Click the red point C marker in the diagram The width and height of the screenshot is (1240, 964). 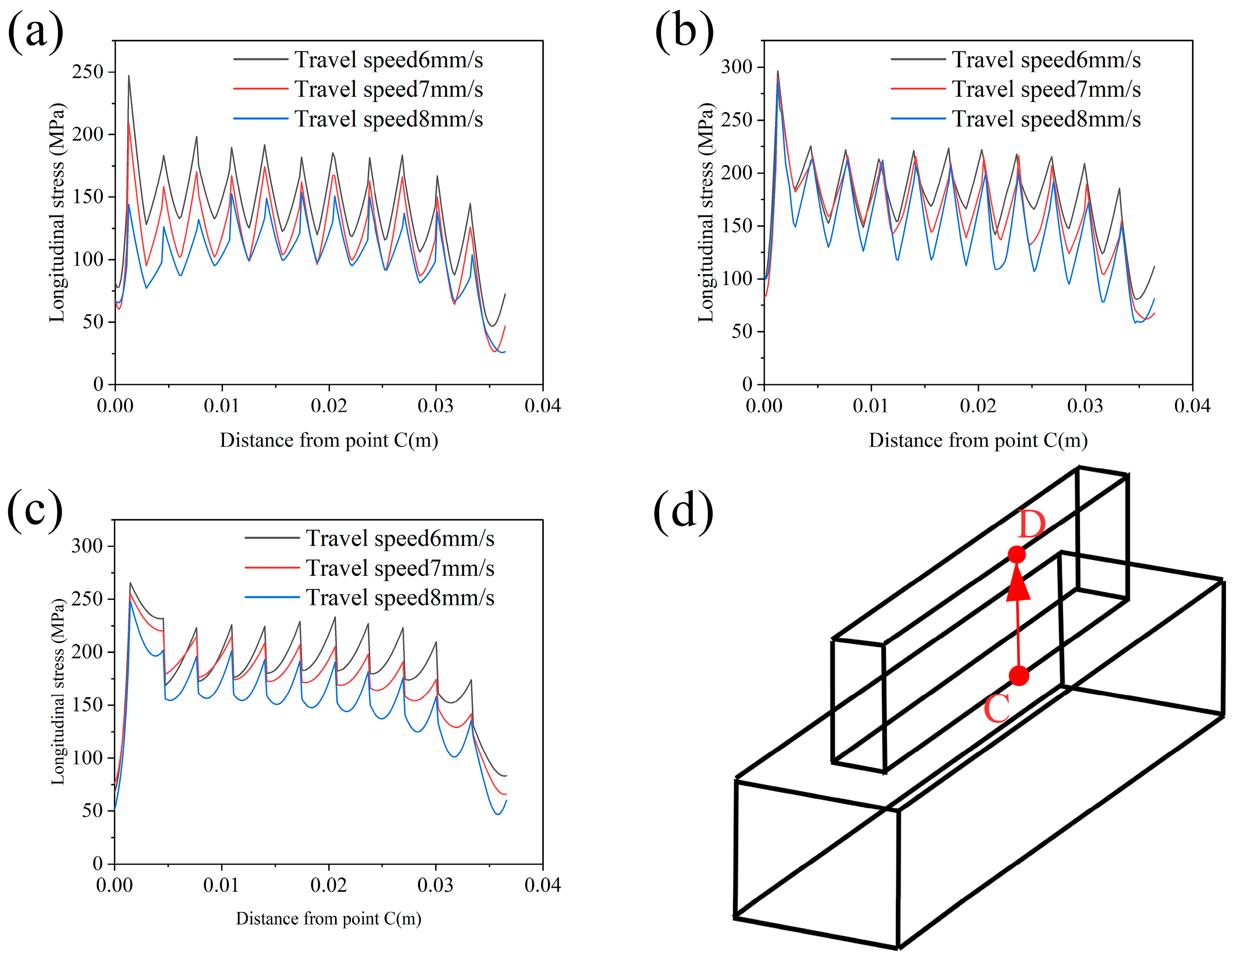[1019, 676]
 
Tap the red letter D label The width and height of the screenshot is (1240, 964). [1031, 525]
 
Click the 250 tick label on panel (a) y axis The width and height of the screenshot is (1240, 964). [88, 72]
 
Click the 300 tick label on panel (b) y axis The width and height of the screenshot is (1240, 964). [737, 67]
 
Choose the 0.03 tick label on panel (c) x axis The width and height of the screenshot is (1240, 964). [436, 885]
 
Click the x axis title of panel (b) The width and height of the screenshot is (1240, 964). [978, 440]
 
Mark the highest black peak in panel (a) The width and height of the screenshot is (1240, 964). [128, 76]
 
